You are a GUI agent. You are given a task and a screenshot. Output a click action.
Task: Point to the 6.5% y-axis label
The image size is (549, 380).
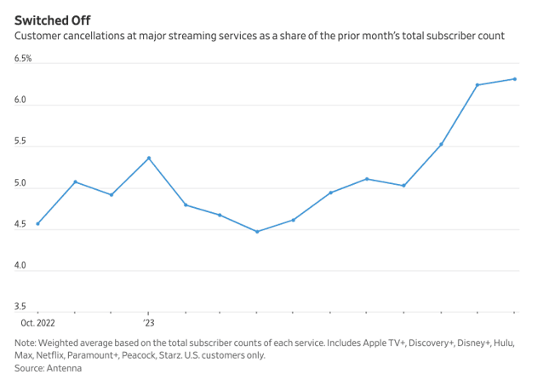pos(23,59)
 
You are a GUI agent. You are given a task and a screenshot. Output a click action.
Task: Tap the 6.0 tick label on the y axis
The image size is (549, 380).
pos(20,101)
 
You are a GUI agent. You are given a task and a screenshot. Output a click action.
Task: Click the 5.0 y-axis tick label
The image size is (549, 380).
pos(20,183)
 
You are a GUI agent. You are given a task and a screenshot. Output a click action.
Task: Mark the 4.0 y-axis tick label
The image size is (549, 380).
pos(20,266)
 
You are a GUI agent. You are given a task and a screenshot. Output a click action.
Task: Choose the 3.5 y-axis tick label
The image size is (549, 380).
pos(20,307)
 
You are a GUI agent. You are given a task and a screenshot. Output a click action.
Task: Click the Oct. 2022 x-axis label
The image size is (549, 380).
pos(37,324)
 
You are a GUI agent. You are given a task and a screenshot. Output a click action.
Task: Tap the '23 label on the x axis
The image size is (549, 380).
pos(148,324)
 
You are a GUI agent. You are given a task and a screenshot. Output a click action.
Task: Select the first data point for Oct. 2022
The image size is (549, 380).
pos(38,224)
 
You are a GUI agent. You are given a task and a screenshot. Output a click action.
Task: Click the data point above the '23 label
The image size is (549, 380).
pos(149,158)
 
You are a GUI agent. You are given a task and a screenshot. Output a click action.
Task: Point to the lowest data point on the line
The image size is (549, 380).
pos(257,232)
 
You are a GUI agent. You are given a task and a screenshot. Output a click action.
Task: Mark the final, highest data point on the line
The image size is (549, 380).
pos(515,79)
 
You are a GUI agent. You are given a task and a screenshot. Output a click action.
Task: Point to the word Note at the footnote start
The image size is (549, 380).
pos(26,343)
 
